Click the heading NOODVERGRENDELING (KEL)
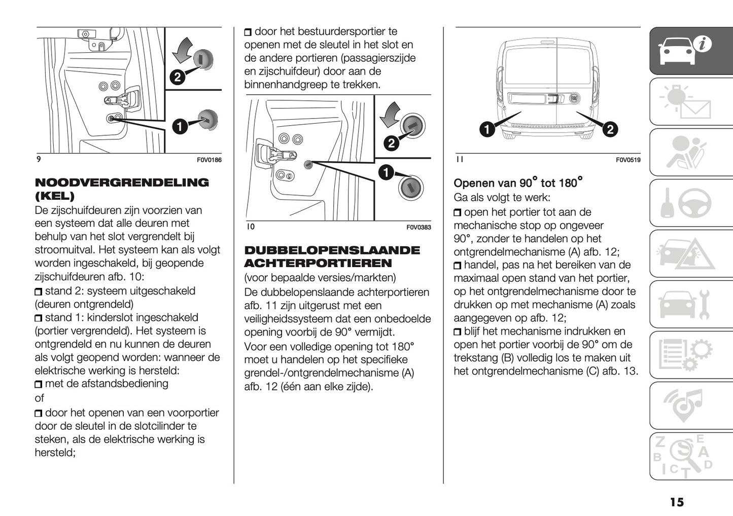[x=121, y=189]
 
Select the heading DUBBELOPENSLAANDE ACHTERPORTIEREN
[x=332, y=256]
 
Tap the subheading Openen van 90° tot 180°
[x=517, y=182]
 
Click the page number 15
[x=676, y=502]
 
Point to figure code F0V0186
[x=209, y=160]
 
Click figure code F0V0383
[x=418, y=228]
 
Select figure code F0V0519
[x=628, y=160]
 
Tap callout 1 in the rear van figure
[x=486, y=129]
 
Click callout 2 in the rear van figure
[x=609, y=129]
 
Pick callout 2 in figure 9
[x=177, y=77]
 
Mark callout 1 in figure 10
[x=386, y=173]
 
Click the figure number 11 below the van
[x=459, y=160]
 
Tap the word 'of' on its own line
[x=40, y=398]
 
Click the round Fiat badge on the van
[x=574, y=98]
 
